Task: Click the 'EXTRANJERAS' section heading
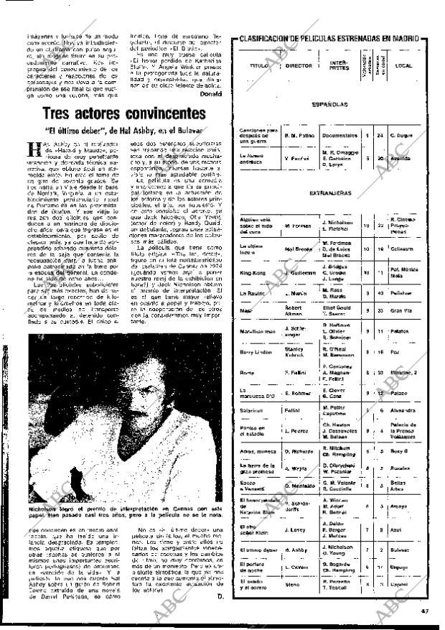click(x=330, y=193)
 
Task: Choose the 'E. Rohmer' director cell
click(x=299, y=392)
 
